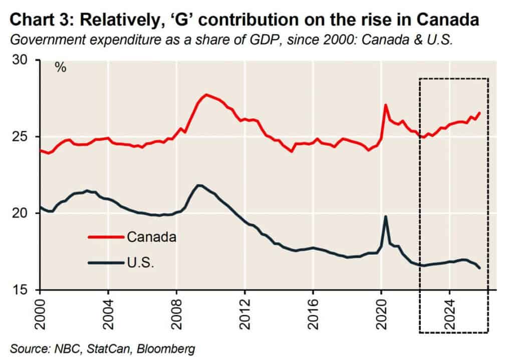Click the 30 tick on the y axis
[26, 61]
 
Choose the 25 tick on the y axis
[26, 137]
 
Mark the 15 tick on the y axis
[26, 290]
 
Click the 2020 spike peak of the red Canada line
[385, 105]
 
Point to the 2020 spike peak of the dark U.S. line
[385, 216]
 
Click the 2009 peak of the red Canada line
[206, 94]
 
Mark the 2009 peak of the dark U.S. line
[199, 185]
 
